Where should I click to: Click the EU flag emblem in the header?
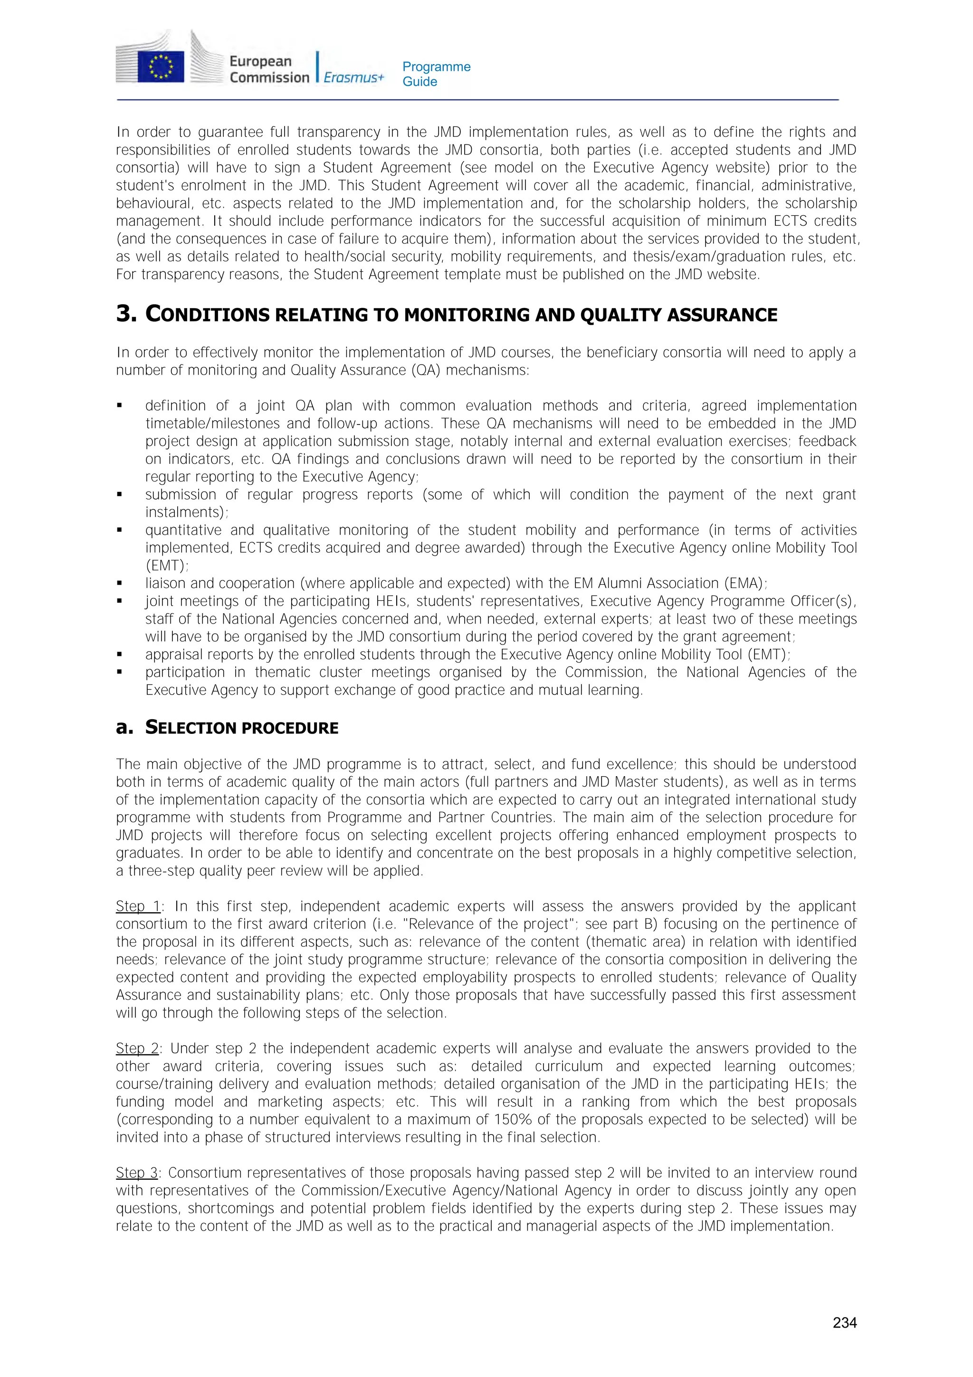tap(161, 66)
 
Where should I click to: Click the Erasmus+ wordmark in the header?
tap(353, 77)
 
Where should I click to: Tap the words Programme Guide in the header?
tap(436, 74)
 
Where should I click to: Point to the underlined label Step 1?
tap(138, 906)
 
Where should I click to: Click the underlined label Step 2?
tap(137, 1049)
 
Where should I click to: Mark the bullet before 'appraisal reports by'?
tap(120, 655)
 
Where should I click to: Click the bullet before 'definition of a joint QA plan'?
tap(120, 406)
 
